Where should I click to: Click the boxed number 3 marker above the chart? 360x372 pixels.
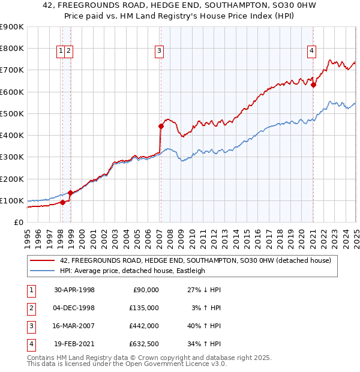(x=160, y=52)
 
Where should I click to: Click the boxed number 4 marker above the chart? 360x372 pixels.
(x=312, y=52)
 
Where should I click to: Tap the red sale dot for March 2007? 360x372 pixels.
(x=161, y=126)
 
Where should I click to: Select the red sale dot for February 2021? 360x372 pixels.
(x=313, y=85)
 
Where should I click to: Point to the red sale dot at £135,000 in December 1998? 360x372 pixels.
(x=70, y=193)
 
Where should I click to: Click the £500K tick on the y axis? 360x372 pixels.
(x=12, y=113)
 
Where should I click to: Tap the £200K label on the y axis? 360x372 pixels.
(x=12, y=179)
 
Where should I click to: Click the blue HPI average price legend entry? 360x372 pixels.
(x=133, y=271)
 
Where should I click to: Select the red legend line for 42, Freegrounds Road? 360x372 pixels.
(x=43, y=260)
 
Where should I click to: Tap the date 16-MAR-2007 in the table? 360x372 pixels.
(x=74, y=326)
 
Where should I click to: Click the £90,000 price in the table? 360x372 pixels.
(x=144, y=290)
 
